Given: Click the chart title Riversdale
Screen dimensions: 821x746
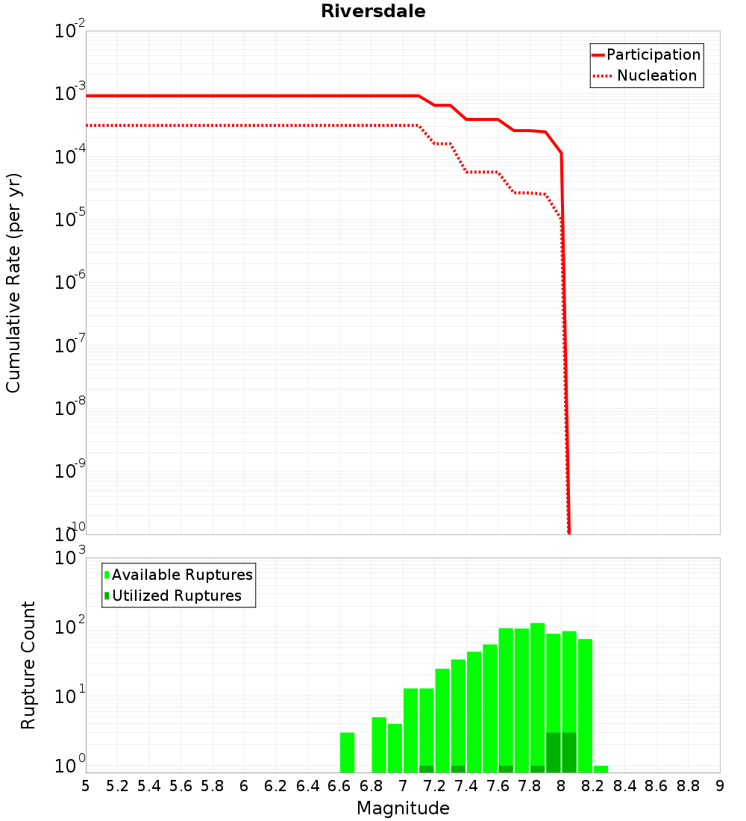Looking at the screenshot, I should pyautogui.click(x=373, y=11).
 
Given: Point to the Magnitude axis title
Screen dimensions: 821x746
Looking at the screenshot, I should pyautogui.click(x=403, y=808).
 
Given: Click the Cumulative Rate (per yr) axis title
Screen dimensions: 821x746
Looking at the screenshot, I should pyautogui.click(x=13, y=283).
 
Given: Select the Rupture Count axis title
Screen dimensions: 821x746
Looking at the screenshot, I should pyautogui.click(x=28, y=665).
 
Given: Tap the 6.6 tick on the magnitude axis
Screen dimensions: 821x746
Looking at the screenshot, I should pyautogui.click(x=339, y=785).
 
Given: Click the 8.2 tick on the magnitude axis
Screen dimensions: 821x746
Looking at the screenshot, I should pyautogui.click(x=593, y=785).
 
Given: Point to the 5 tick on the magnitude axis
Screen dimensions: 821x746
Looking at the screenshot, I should pyautogui.click(x=86, y=785).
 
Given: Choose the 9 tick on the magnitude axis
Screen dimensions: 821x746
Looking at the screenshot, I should pyautogui.click(x=720, y=785).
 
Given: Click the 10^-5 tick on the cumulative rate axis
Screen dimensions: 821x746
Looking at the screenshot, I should pyautogui.click(x=70, y=220).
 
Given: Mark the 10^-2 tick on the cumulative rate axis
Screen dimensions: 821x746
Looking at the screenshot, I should pyautogui.click(x=70, y=31).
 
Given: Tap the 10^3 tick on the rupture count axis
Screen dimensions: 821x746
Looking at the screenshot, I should pyautogui.click(x=70, y=558).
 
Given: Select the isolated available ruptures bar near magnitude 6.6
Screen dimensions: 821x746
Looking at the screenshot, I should pyautogui.click(x=347, y=752).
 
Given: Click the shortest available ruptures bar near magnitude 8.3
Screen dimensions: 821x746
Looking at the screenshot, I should pyautogui.click(x=601, y=769).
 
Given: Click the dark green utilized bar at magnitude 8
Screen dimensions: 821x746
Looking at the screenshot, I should pyautogui.click(x=569, y=752).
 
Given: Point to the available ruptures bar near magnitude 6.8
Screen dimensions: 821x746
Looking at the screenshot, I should pyautogui.click(x=379, y=745).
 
